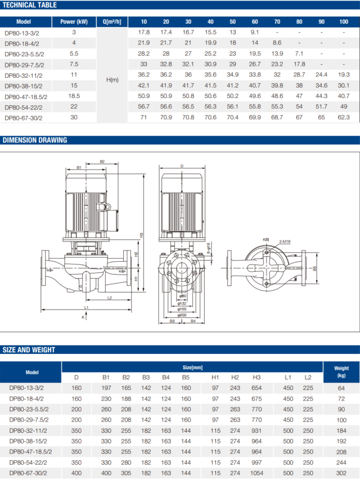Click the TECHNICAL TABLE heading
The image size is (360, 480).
(x=30, y=5)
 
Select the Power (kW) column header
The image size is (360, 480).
(x=74, y=22)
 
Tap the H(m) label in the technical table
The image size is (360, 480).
(x=112, y=80)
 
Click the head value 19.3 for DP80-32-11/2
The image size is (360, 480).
(x=344, y=75)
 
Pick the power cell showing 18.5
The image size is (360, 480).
(x=74, y=96)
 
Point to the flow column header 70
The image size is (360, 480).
(x=277, y=22)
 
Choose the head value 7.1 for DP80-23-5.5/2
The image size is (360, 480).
(x=299, y=53)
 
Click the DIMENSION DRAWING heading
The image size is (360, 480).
(x=35, y=140)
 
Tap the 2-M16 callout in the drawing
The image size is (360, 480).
(x=285, y=241)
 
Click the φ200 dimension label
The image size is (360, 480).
(x=182, y=315)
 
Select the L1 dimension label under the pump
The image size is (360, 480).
(x=86, y=307)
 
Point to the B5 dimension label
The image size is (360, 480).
(x=314, y=268)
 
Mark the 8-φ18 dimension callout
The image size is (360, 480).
(x=209, y=248)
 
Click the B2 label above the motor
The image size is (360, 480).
(x=102, y=162)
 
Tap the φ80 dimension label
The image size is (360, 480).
(x=182, y=296)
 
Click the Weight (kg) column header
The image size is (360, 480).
(x=341, y=372)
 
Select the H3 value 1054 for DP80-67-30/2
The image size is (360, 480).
(x=256, y=473)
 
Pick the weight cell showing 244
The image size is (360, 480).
(x=341, y=463)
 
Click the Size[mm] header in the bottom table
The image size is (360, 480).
(x=192, y=367)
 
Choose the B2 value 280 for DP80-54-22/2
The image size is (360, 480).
(x=126, y=462)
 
